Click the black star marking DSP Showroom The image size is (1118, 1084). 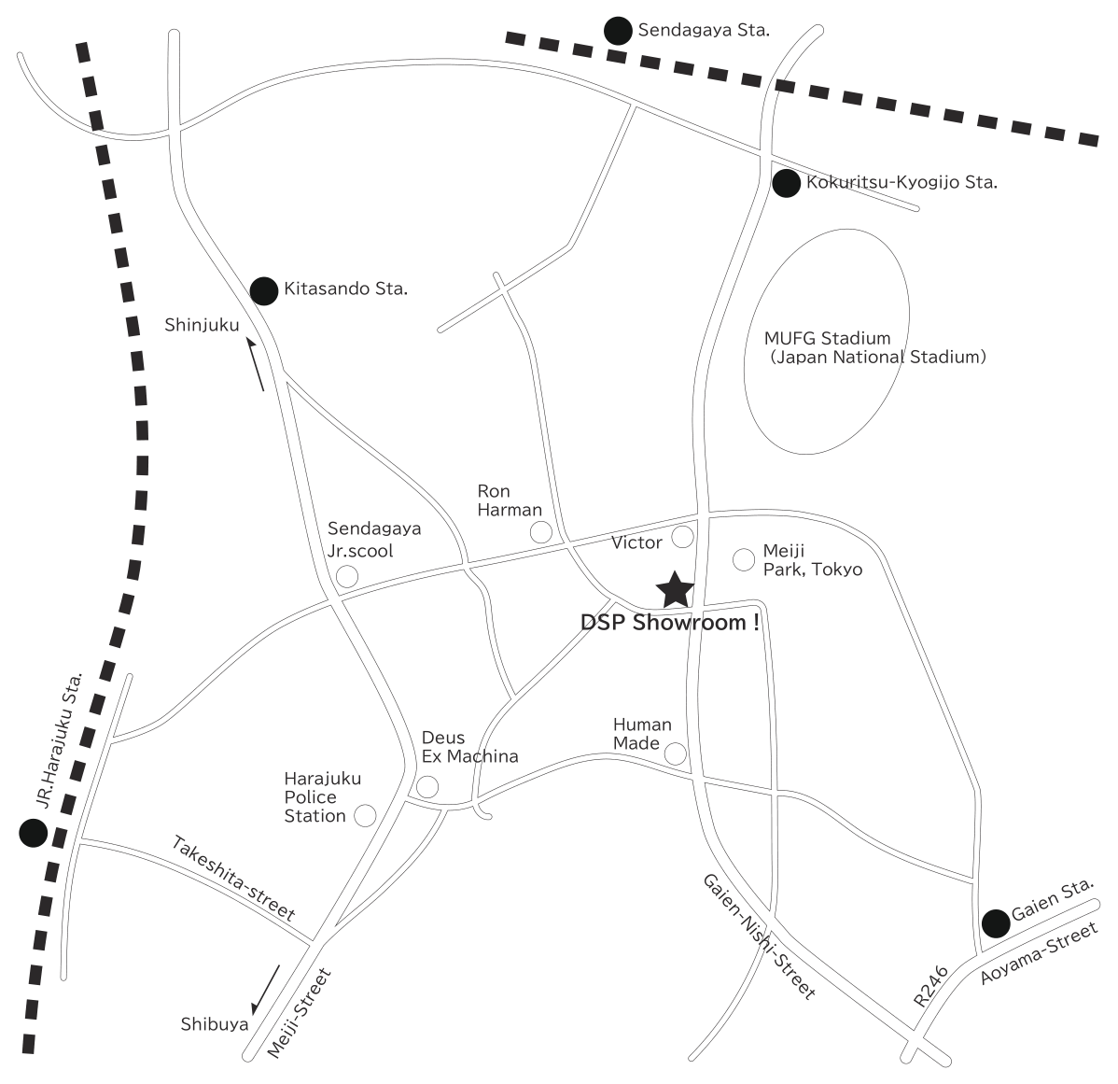click(x=675, y=590)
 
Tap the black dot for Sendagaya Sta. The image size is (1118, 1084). click(x=618, y=31)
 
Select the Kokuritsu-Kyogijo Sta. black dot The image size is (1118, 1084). click(x=787, y=183)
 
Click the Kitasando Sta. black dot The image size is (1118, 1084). click(x=264, y=291)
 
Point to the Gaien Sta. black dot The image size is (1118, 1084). click(x=996, y=923)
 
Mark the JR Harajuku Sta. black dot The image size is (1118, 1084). click(x=33, y=832)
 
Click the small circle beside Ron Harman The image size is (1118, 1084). click(x=541, y=532)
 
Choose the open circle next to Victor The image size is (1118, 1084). click(x=682, y=536)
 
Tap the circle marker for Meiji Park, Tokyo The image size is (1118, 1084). click(x=744, y=560)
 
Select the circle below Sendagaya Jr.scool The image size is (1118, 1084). click(x=347, y=576)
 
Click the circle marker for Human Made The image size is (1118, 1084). click(x=676, y=753)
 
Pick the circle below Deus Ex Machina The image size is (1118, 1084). click(x=427, y=786)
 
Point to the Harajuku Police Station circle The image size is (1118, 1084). click(x=365, y=815)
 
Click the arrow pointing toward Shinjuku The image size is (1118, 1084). click(x=256, y=364)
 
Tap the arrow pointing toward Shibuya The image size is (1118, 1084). click(x=265, y=989)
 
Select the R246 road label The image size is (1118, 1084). click(x=931, y=986)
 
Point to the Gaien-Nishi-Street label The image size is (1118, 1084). click(x=760, y=936)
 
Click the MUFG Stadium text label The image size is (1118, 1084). click(x=827, y=338)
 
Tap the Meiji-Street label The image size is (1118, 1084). click(x=300, y=1013)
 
